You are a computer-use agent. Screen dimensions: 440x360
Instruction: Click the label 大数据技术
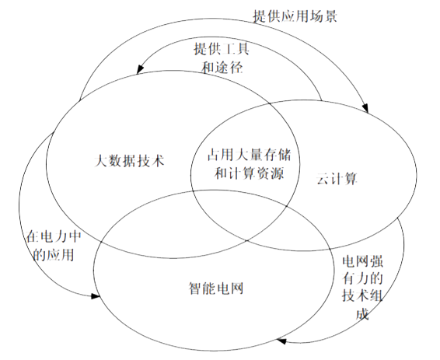coord(129,161)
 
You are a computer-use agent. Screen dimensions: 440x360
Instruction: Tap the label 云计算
coord(337,178)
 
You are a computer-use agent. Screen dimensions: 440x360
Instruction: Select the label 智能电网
coord(216,288)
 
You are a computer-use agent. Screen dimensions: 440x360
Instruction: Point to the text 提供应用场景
coord(295,16)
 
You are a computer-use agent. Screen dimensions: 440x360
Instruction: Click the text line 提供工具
coord(222,49)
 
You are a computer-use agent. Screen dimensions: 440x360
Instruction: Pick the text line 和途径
coord(222,68)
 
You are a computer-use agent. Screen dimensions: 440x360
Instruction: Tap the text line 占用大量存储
coord(250,155)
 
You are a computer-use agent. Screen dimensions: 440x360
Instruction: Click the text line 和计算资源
coord(250,173)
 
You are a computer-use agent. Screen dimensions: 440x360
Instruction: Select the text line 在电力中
coord(54,236)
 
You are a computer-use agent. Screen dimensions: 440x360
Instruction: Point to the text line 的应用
coord(54,254)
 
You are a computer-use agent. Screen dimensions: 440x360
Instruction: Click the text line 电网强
coord(362,261)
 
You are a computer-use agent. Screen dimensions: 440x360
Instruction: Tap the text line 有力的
coord(362,278)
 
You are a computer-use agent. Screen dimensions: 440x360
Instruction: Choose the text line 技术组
coord(362,295)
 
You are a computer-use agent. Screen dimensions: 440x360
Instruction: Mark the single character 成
coord(362,313)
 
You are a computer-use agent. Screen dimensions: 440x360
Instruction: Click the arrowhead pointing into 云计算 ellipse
coord(365,108)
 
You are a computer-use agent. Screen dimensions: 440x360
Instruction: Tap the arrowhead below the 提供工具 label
coord(140,69)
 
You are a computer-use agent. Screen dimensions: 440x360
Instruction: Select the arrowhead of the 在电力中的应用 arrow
coord(95,296)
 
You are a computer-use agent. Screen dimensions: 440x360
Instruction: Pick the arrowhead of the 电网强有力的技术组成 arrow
coord(281,341)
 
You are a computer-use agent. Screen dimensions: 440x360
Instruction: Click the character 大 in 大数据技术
coord(101,161)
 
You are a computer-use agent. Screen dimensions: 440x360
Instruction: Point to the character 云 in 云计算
coord(323,178)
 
